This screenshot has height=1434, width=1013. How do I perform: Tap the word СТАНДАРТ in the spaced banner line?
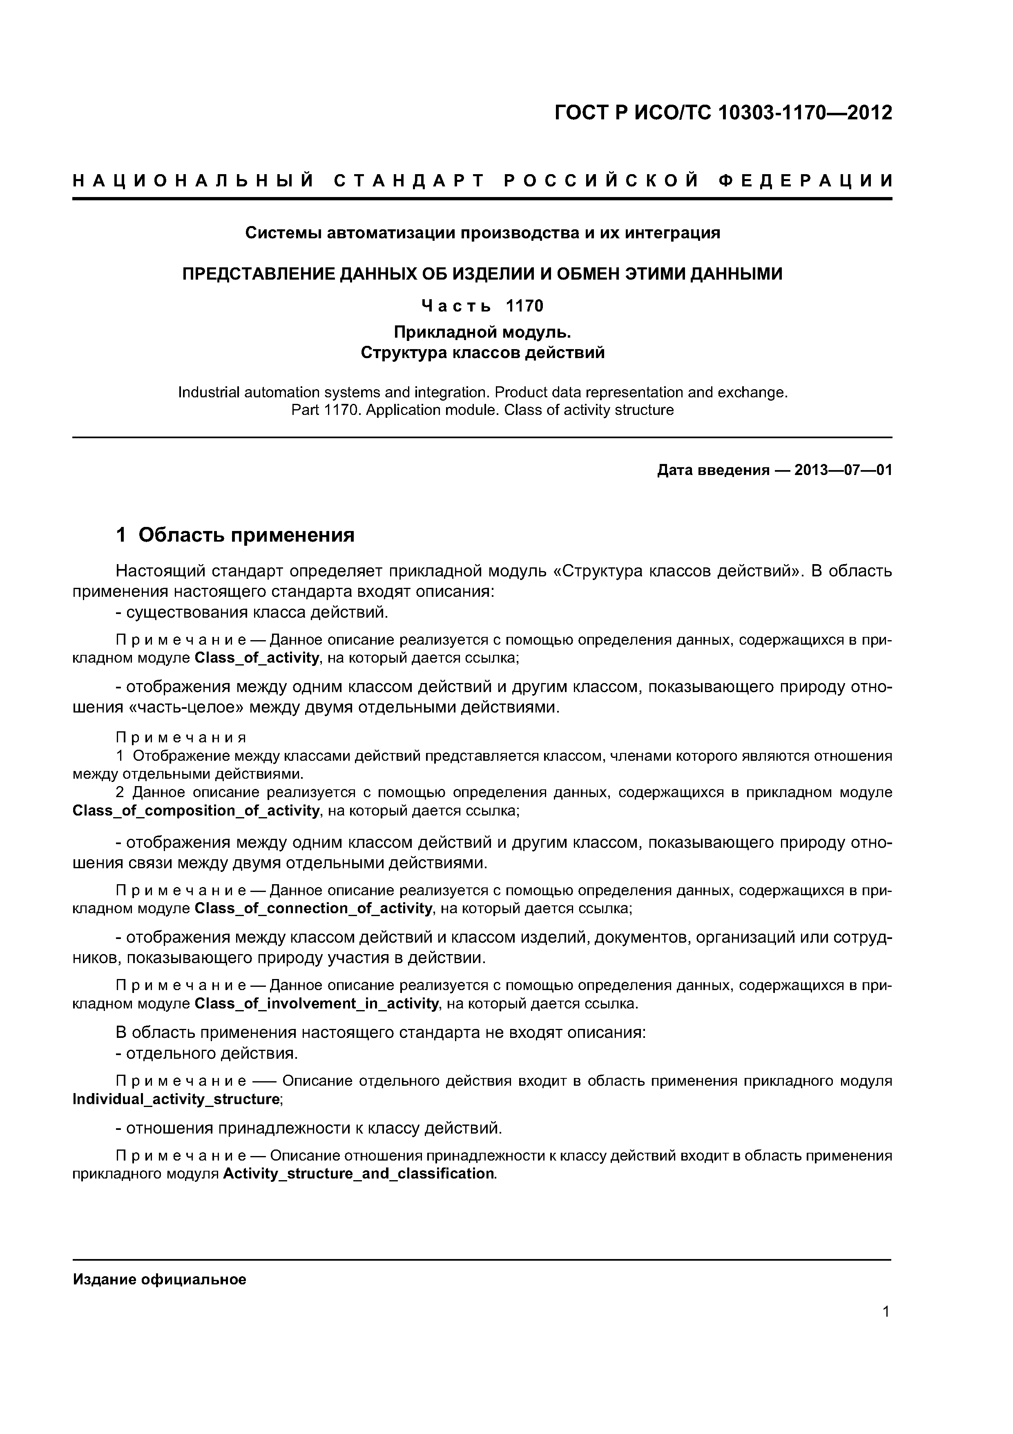click(409, 181)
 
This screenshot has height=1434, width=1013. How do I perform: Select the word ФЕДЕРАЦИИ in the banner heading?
click(805, 181)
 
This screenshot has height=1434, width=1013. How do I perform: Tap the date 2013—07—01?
click(843, 470)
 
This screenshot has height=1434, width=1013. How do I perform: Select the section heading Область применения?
click(247, 535)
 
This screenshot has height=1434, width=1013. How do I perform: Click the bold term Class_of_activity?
click(257, 658)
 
